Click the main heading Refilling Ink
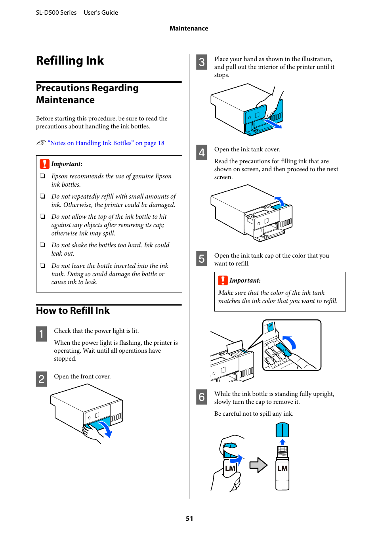[70, 61]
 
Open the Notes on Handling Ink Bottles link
[106, 143]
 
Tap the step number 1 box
[41, 334]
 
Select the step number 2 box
[41, 379]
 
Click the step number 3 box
[202, 62]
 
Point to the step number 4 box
[202, 153]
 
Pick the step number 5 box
[202, 259]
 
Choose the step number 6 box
[202, 397]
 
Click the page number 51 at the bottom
[189, 518]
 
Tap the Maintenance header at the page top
[189, 29]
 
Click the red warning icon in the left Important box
[44, 164]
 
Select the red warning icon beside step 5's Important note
[223, 281]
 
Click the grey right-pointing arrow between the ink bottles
[258, 465]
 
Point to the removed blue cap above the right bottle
[282, 430]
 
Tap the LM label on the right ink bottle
[282, 468]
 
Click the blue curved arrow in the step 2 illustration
[106, 429]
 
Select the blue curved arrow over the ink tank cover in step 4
[280, 201]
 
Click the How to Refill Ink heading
[73, 311]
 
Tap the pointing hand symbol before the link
[41, 143]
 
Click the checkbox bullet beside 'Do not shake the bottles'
[42, 245]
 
